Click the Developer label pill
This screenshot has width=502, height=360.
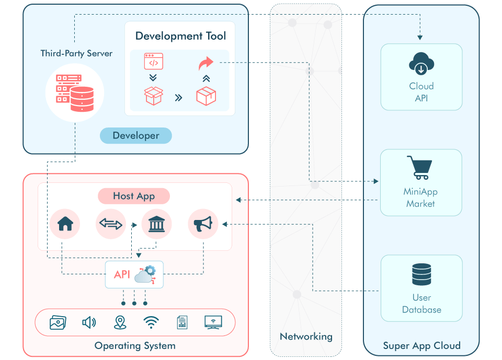click(x=136, y=136)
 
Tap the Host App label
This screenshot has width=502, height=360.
click(x=134, y=196)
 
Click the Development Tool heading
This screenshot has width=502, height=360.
click(x=180, y=36)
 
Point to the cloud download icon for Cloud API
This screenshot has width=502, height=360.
click(x=421, y=64)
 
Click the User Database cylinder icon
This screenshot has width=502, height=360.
click(x=421, y=274)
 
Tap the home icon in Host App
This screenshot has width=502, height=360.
click(x=65, y=224)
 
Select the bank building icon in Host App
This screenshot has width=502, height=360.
click(x=156, y=224)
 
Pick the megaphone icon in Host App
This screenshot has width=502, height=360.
click(x=203, y=224)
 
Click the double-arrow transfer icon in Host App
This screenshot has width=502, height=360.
click(x=111, y=224)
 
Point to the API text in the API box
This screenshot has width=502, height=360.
click(x=122, y=274)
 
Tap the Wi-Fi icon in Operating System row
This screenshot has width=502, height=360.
click(x=151, y=322)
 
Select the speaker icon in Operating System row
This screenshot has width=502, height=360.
click(x=89, y=322)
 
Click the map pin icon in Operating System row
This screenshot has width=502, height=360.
click(x=120, y=322)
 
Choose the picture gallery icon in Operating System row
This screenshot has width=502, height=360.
click(x=58, y=322)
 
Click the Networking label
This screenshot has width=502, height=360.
click(x=306, y=336)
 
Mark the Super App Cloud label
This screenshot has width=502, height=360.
click(x=421, y=345)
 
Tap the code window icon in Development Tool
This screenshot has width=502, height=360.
click(x=153, y=62)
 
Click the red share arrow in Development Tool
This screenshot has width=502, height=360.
click(x=206, y=64)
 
